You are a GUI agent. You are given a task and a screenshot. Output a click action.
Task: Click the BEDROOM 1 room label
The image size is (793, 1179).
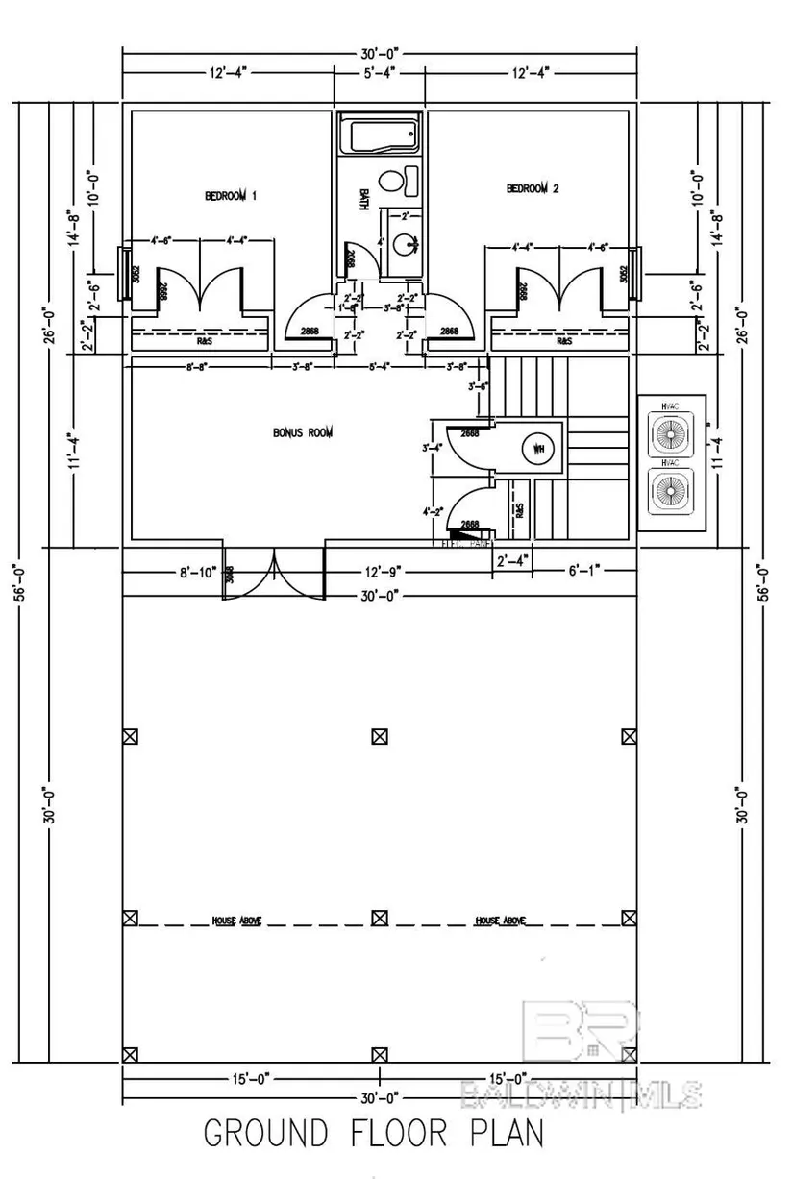pyautogui.click(x=232, y=196)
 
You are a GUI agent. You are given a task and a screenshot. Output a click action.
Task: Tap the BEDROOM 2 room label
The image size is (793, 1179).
pyautogui.click(x=532, y=189)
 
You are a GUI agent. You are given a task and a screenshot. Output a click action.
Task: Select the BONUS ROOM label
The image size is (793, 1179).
pyautogui.click(x=303, y=433)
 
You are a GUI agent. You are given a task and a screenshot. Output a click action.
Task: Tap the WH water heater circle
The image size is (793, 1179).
pyautogui.click(x=536, y=448)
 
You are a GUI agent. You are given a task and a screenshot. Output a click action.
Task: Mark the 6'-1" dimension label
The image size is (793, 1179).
pyautogui.click(x=582, y=571)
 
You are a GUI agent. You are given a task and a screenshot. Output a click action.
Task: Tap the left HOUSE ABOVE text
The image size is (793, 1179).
pyautogui.click(x=237, y=921)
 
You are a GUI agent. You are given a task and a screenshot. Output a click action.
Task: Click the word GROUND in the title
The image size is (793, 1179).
pyautogui.click(x=267, y=1133)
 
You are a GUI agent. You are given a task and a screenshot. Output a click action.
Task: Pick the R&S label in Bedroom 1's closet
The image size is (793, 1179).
pyautogui.click(x=205, y=340)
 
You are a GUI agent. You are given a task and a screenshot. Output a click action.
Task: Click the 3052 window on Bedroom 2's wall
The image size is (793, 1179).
pyautogui.click(x=634, y=274)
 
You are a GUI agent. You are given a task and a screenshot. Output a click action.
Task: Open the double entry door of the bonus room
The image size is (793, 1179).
pyautogui.click(x=274, y=576)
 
